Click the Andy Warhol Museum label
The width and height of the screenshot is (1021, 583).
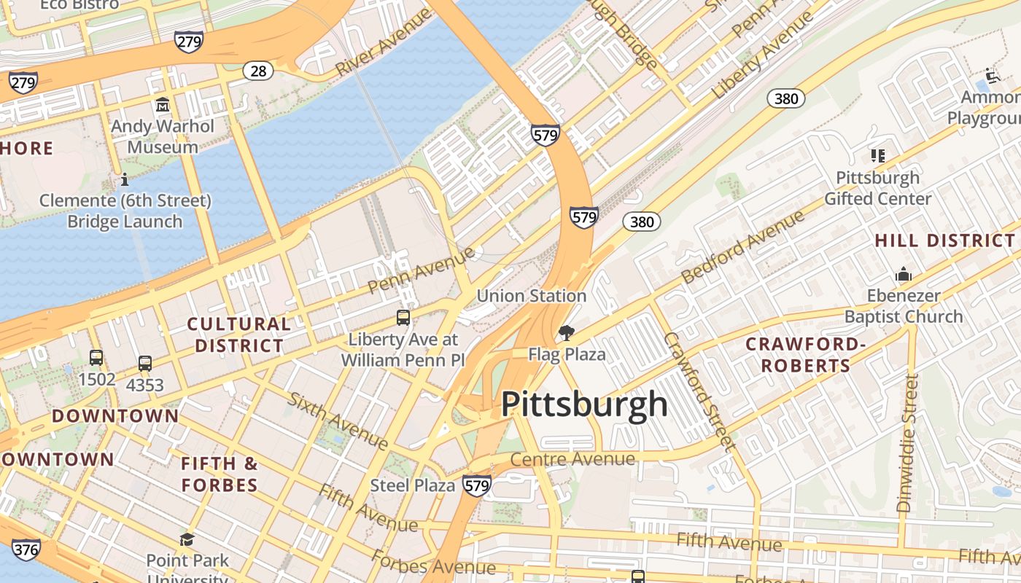[x=163, y=136]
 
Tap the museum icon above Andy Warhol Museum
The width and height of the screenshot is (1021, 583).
[x=162, y=105]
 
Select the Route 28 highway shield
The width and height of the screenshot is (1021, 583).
[x=258, y=71]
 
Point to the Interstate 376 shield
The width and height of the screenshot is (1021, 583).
[x=26, y=549]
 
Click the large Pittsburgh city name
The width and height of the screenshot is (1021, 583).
[x=584, y=404]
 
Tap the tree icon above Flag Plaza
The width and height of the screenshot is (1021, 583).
[x=566, y=334]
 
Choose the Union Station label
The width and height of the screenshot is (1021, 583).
[x=531, y=296]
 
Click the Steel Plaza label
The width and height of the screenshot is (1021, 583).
[x=413, y=485]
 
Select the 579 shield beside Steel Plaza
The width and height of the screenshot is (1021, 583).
[x=476, y=486]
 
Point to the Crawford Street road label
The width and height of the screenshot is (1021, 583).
[x=696, y=391]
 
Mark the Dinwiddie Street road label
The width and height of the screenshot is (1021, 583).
[x=907, y=443]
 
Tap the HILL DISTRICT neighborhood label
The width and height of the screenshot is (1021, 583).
[x=944, y=240]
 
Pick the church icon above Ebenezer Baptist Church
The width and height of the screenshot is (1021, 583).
[x=904, y=275]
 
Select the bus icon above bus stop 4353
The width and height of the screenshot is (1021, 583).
[x=145, y=364]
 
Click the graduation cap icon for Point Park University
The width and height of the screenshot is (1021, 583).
[x=187, y=540]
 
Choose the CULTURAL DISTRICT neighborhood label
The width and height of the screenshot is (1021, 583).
[x=238, y=334]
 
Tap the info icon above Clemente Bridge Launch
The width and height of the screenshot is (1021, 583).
[x=125, y=179]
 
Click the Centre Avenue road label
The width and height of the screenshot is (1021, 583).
[x=572, y=460]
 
